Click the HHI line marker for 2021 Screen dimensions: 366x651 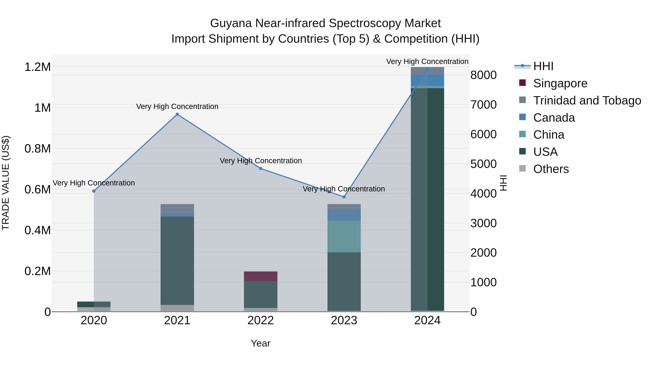177,114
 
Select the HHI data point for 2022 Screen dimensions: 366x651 261,168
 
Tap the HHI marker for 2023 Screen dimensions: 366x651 344,197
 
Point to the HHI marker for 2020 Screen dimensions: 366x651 94,191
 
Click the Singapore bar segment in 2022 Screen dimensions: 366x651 261,276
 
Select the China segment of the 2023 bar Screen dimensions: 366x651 344,236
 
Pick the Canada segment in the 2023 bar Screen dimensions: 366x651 344,215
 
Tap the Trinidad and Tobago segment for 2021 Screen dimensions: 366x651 177,209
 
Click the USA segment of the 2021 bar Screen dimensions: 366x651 177,260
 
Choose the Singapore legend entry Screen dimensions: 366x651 560,83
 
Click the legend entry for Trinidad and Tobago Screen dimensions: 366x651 587,100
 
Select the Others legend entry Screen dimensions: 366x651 551,169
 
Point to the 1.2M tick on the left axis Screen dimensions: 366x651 37,67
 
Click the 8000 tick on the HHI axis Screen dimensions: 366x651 483,75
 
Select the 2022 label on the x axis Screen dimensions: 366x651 261,320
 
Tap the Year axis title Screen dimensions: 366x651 261,343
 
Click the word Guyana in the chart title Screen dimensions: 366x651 231,23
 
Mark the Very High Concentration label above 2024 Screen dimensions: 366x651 427,62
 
